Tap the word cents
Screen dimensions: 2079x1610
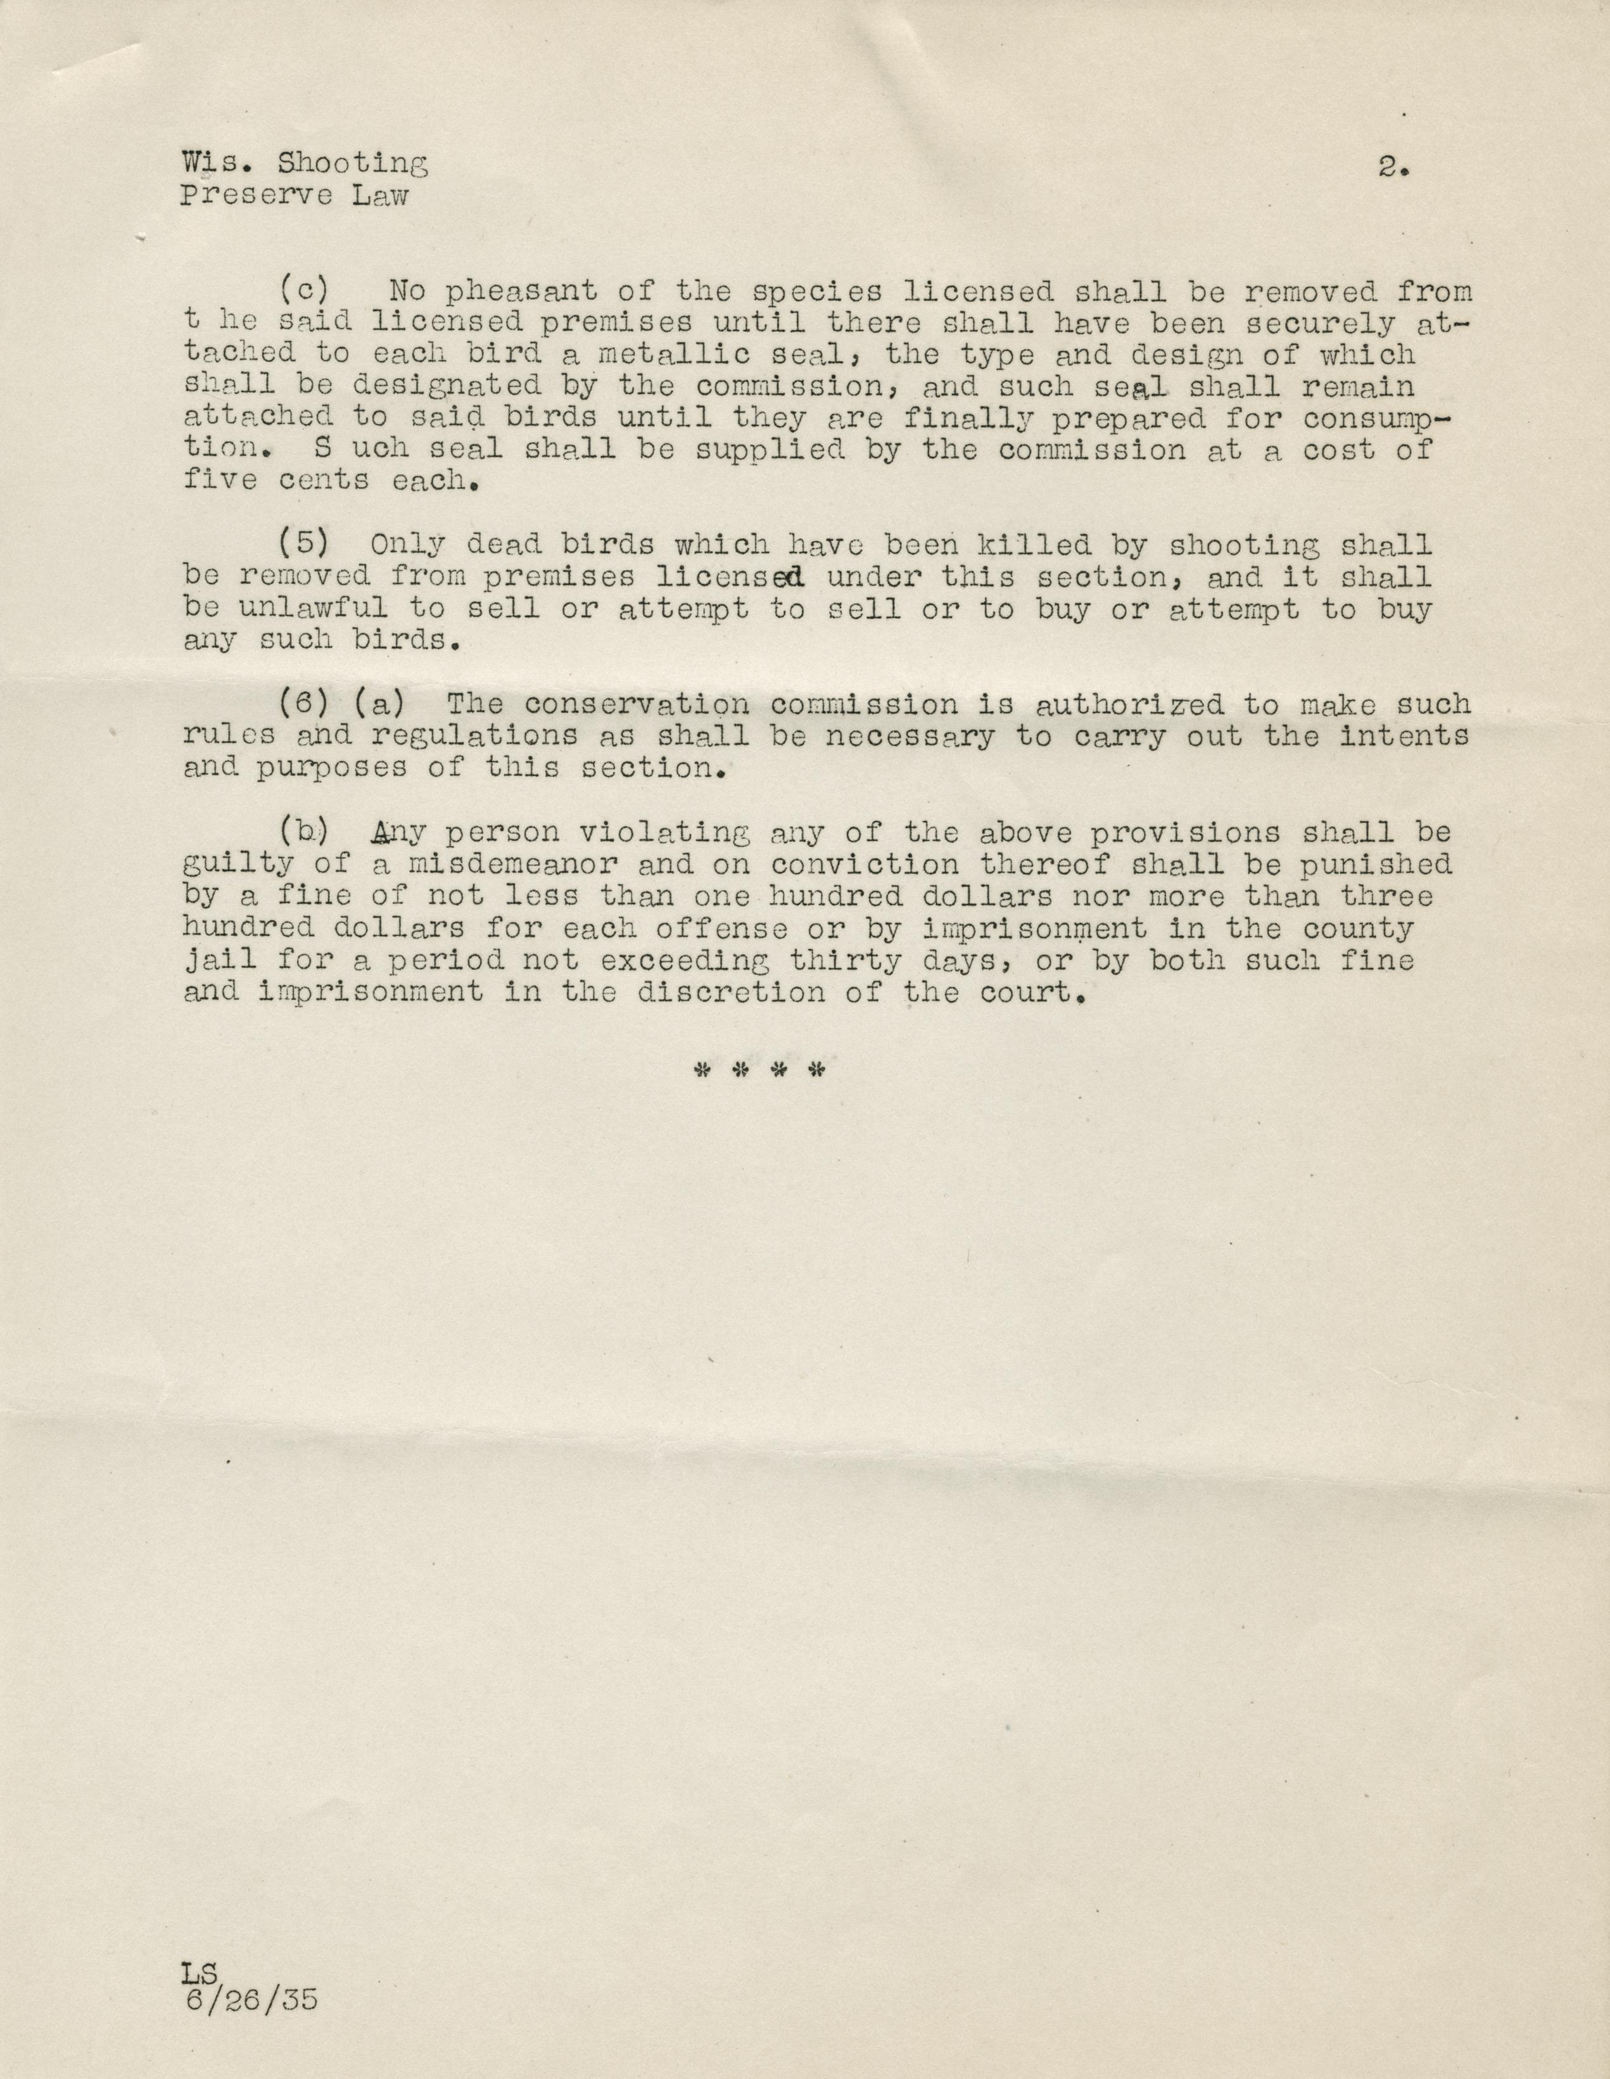pyautogui.click(x=324, y=481)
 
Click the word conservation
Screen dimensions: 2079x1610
pyautogui.click(x=636, y=704)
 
